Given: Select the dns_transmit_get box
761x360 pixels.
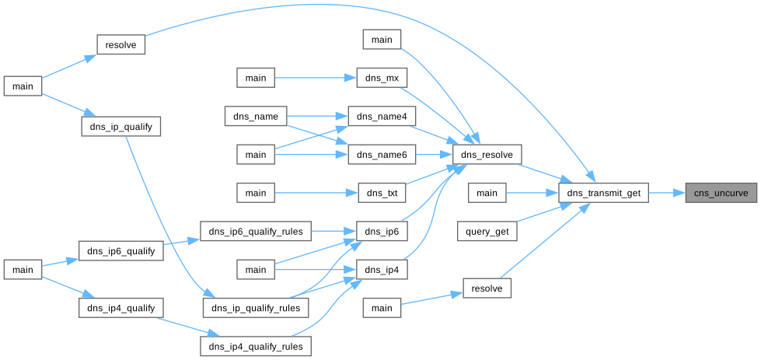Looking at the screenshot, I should [603, 193].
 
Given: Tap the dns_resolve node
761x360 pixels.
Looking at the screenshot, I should [487, 155].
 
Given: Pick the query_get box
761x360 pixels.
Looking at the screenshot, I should [487, 231].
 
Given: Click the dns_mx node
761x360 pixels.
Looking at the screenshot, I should [382, 79].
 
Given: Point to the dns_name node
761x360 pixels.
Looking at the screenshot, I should [256, 117].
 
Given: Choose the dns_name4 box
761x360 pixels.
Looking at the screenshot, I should [382, 117].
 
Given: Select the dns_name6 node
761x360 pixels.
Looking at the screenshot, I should [382, 155].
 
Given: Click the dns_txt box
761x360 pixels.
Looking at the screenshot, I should [382, 193].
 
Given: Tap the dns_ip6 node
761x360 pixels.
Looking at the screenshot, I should [382, 231].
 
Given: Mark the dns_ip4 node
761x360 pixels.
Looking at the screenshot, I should [382, 269].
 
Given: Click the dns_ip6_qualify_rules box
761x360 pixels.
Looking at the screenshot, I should [256, 231].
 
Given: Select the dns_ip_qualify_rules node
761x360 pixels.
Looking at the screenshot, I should [256, 307].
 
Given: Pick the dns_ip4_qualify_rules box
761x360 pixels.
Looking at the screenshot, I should [256, 345].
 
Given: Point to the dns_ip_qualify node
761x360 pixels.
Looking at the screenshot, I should [121, 125].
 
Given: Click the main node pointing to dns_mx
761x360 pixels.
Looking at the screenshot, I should [256, 79].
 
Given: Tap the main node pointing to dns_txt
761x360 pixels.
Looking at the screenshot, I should [256, 193].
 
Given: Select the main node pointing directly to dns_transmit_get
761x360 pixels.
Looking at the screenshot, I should [487, 193].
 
